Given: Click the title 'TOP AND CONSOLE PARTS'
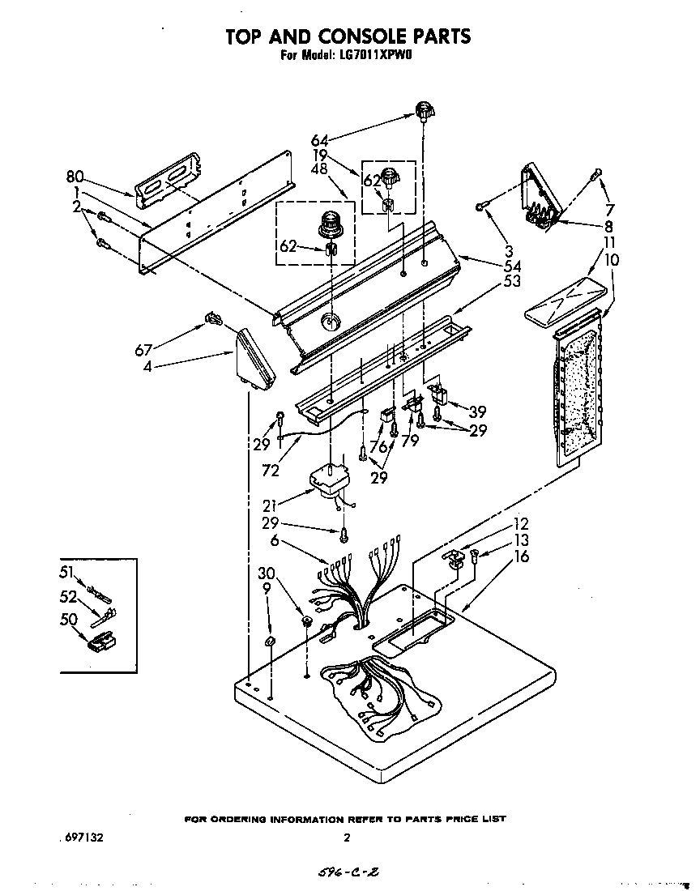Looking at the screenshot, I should [x=348, y=36].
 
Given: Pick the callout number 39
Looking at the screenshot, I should [x=477, y=410].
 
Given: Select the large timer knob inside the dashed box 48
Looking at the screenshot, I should [x=330, y=222].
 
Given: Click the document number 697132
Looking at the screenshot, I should [x=82, y=838].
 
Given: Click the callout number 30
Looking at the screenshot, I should [x=265, y=573].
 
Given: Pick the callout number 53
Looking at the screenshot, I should [x=511, y=282].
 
